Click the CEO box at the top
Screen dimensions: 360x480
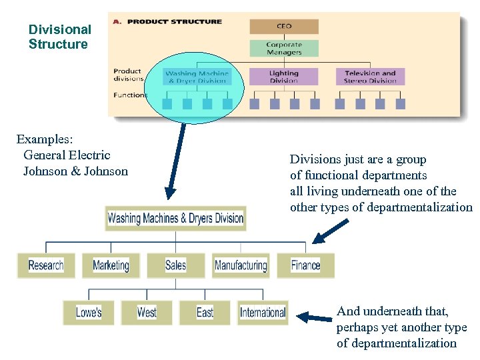(284, 27)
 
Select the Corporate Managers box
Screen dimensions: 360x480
(284, 49)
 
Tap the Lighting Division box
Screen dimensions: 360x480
(284, 77)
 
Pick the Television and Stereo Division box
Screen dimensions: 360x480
(370, 77)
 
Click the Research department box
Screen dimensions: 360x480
(46, 265)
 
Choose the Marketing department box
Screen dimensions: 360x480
(111, 265)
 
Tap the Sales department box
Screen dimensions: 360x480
(175, 265)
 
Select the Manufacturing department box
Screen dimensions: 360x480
(241, 265)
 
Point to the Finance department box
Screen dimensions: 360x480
(305, 265)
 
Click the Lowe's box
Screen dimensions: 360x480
(89, 313)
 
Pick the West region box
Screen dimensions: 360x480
(147, 313)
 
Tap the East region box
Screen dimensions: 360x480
(205, 313)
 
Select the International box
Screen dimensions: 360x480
(263, 313)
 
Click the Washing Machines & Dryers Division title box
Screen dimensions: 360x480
(175, 218)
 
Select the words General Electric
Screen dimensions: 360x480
(67, 155)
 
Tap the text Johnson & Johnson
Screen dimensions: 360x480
(75, 171)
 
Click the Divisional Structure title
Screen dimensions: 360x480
(59, 37)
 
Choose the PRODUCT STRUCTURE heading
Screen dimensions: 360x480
(174, 21)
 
